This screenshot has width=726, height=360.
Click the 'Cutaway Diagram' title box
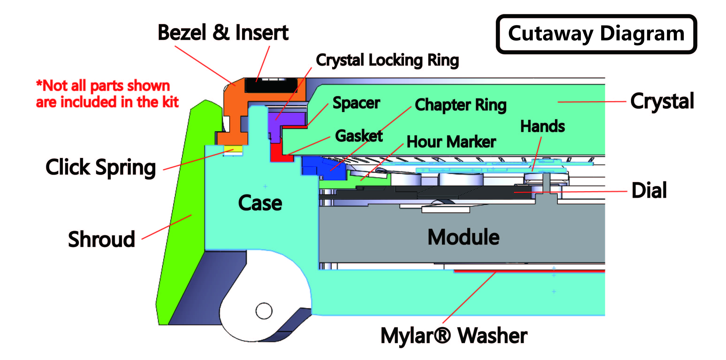point(596,34)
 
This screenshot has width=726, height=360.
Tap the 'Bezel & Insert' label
point(223,33)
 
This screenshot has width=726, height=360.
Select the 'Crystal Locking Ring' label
point(387,60)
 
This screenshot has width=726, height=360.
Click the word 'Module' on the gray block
point(463,237)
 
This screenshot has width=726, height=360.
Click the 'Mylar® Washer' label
point(454,336)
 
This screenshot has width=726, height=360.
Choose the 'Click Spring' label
point(101,167)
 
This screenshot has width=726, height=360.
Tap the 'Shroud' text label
point(102,240)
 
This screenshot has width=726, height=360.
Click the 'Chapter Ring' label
point(460,105)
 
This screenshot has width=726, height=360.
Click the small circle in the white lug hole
point(264,311)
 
